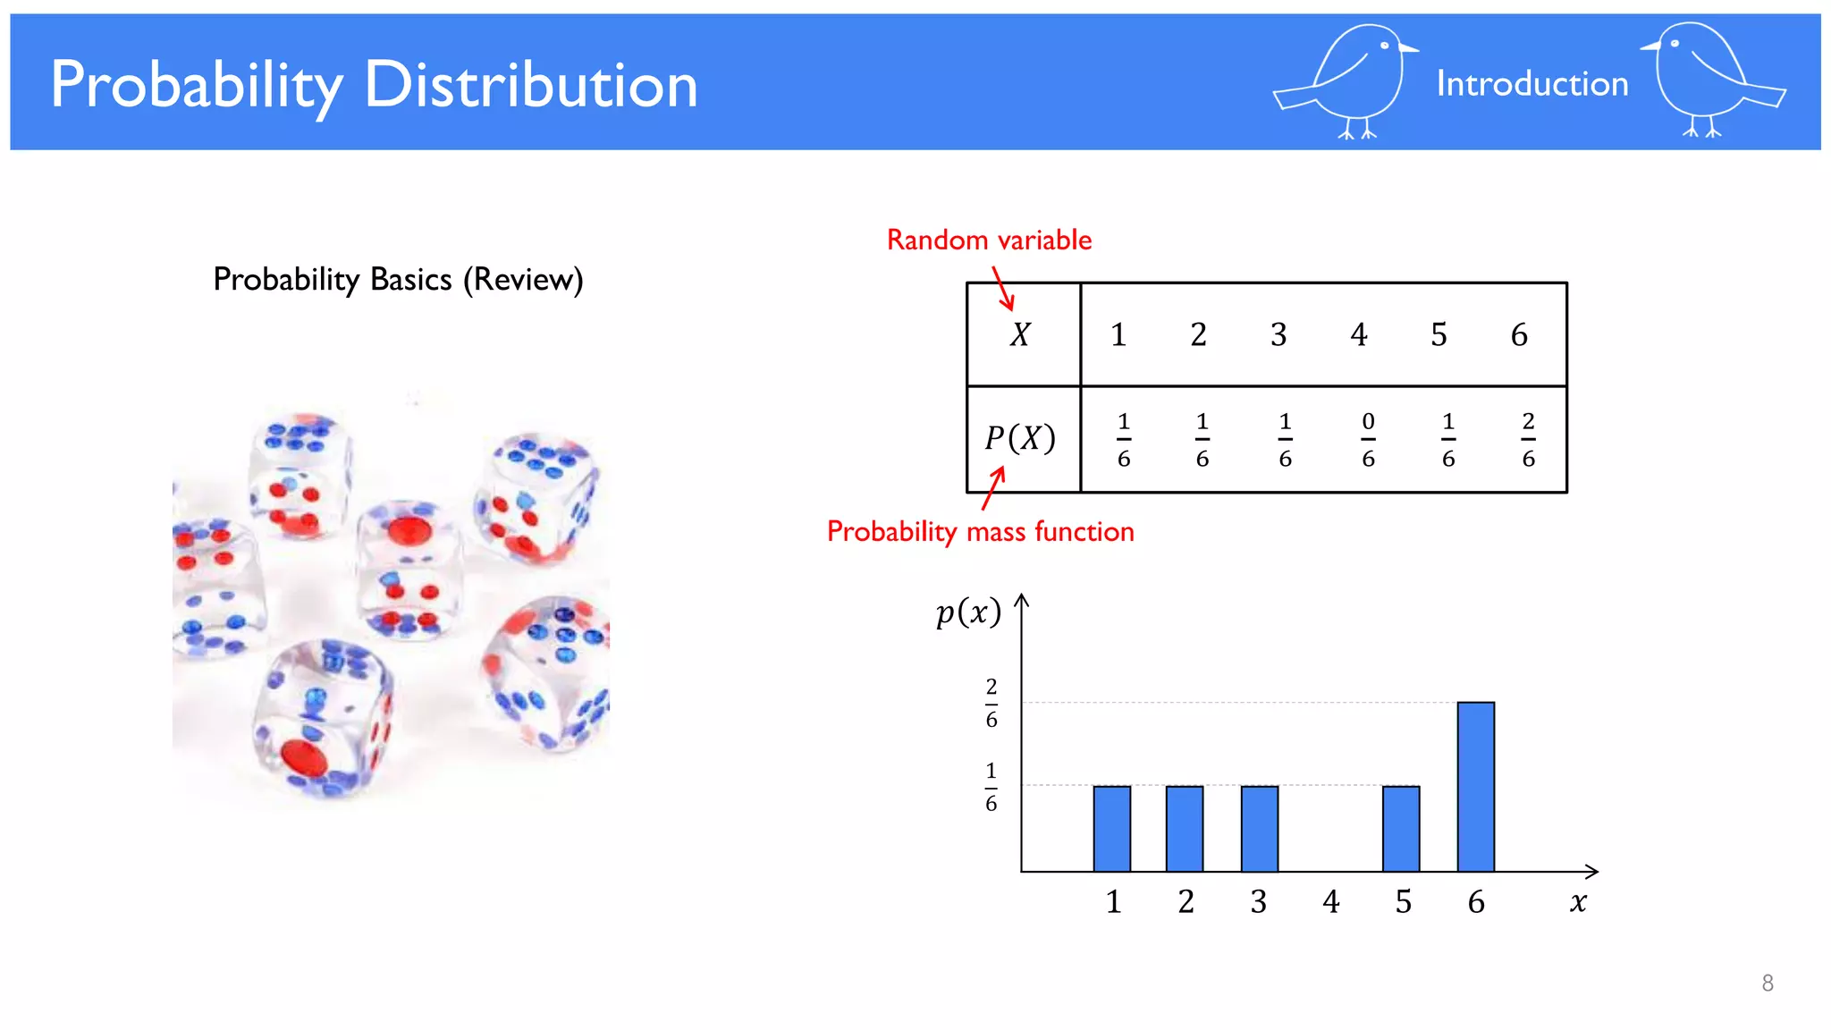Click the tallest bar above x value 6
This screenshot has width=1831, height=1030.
1475,787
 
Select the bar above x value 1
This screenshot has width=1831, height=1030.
1111,829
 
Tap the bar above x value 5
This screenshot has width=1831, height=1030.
1401,829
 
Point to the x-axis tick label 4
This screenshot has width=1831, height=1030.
1331,902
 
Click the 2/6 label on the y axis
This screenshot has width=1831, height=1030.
991,704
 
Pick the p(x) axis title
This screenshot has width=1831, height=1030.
968,613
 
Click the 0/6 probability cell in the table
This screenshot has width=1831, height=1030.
1368,440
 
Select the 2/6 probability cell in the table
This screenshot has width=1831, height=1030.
1528,440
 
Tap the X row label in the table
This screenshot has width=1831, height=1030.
1020,335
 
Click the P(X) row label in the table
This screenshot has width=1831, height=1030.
1020,439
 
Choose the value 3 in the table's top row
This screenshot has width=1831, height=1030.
1278,335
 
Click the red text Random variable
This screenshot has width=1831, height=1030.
989,241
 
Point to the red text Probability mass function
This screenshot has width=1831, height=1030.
980,532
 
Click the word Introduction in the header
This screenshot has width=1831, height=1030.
1531,84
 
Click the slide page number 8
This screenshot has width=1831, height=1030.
1767,984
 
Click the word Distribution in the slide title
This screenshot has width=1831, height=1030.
530,86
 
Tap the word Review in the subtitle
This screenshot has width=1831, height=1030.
523,280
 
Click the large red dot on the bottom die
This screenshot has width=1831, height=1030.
304,756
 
